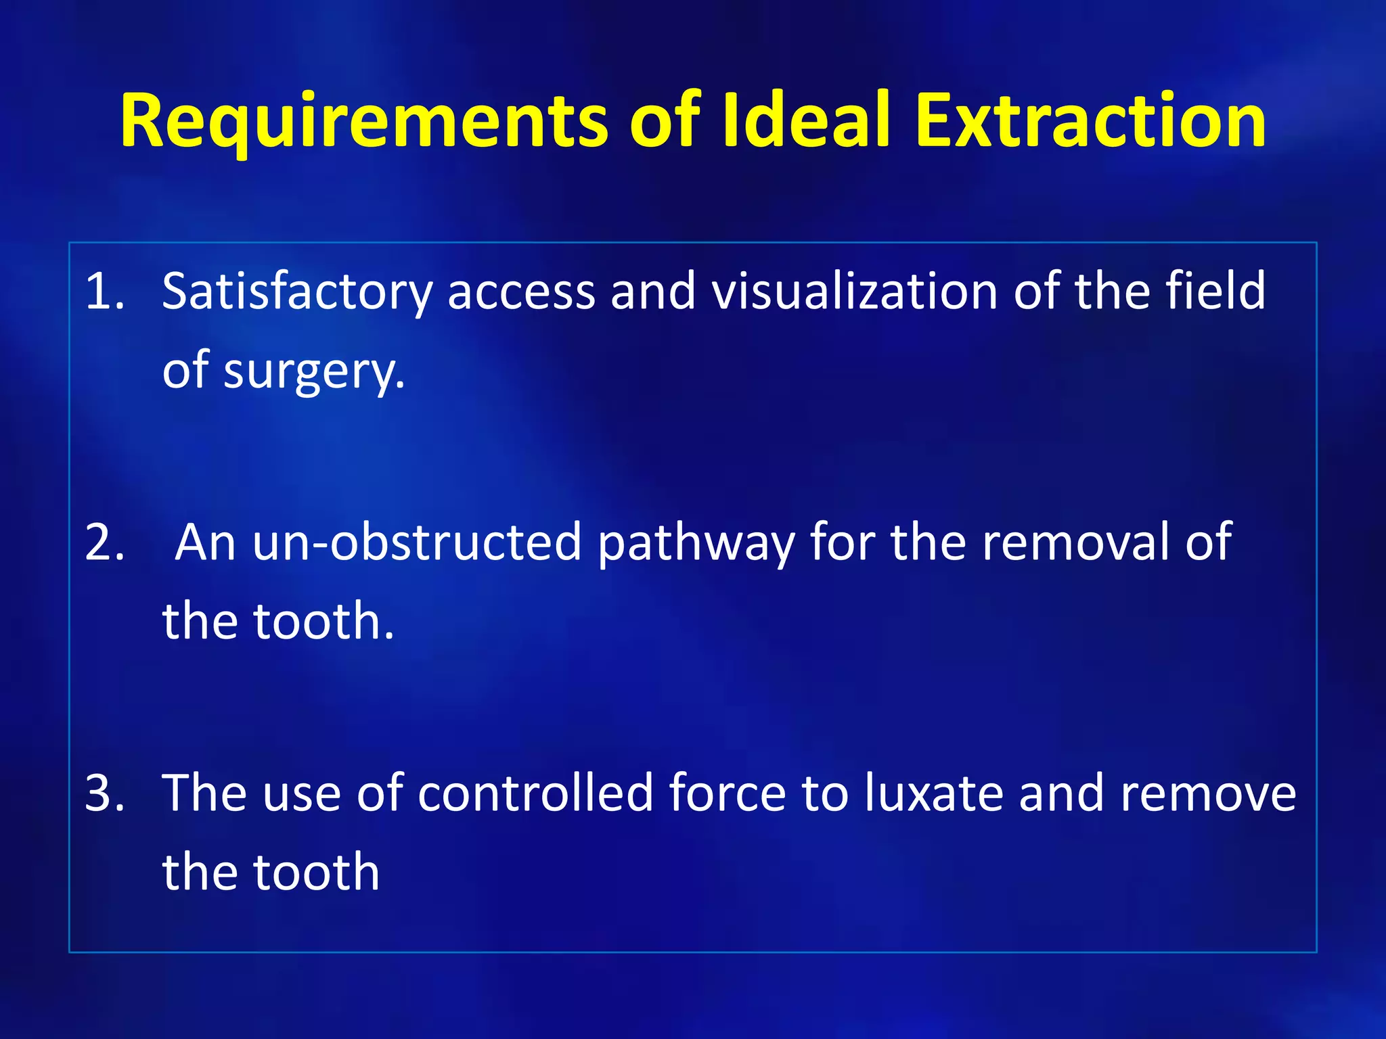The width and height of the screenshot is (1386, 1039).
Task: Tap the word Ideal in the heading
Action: [805, 122]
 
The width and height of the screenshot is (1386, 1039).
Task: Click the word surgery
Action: [314, 372]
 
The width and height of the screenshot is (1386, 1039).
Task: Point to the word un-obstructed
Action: [417, 542]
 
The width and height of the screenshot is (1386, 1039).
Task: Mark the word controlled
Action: [535, 793]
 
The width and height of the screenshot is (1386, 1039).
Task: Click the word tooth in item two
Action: [323, 622]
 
